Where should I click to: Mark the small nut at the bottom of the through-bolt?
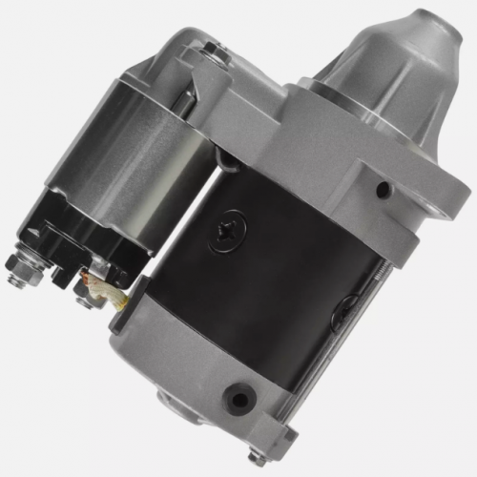pyautogui.click(x=258, y=459)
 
